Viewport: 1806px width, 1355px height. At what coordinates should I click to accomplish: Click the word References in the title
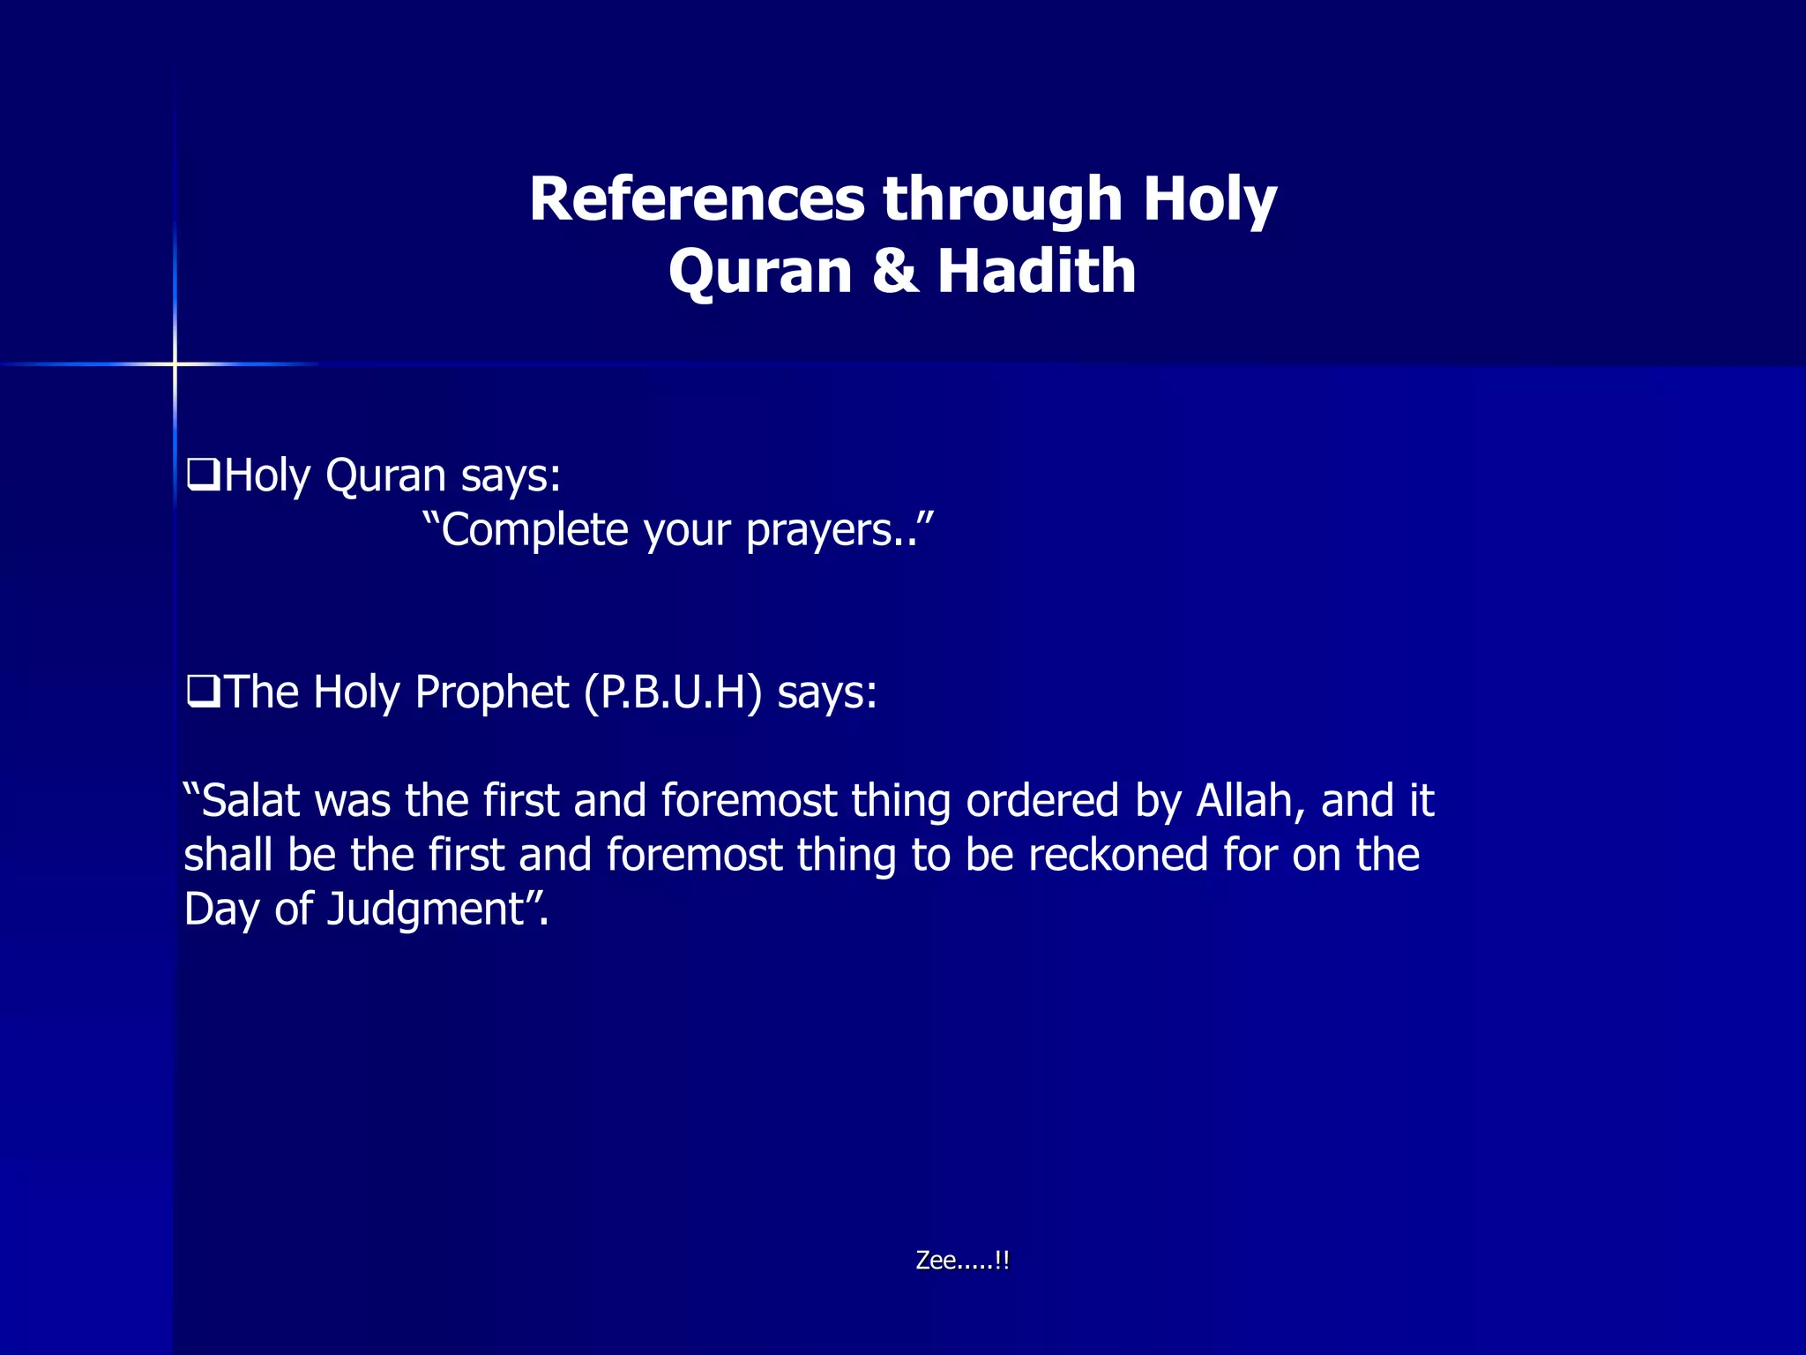point(697,199)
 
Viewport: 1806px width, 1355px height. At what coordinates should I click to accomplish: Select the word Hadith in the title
point(1036,271)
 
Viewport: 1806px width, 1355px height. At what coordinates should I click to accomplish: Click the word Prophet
point(491,692)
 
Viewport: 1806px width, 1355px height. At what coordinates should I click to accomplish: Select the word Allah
point(1244,801)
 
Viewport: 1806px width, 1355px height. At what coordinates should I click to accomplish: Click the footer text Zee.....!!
point(962,1261)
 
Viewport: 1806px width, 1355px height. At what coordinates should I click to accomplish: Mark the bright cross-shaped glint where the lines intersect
point(175,363)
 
